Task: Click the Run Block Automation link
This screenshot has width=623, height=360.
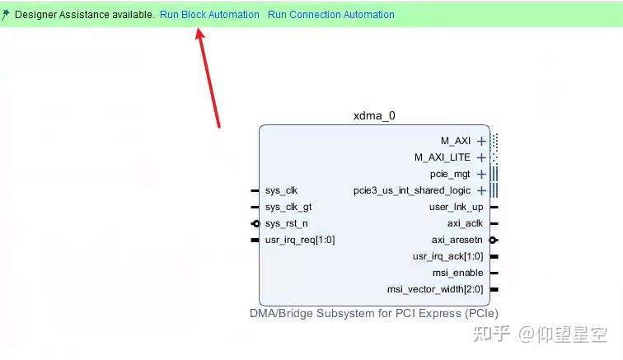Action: click(209, 15)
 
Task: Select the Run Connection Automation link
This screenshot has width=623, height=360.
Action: click(330, 15)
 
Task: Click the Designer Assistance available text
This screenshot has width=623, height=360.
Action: click(84, 15)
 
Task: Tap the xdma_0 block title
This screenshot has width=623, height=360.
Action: click(374, 115)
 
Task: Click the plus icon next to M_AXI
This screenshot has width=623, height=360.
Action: click(481, 141)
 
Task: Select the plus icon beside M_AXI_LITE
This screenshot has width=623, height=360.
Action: click(481, 157)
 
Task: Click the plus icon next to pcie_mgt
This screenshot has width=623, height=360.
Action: click(481, 174)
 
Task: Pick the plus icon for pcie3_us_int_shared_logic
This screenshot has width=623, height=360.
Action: click(481, 190)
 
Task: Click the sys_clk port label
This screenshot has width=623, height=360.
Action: click(281, 190)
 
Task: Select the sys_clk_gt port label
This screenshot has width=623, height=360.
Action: click(288, 207)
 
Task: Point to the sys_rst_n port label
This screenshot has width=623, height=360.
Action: click(286, 223)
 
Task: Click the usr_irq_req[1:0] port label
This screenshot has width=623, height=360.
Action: click(300, 240)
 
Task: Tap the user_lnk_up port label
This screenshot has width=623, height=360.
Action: click(456, 207)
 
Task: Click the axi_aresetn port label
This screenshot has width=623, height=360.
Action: click(457, 240)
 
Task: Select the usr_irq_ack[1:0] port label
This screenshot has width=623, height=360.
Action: click(448, 256)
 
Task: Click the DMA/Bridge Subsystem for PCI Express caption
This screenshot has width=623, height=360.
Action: click(374, 313)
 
